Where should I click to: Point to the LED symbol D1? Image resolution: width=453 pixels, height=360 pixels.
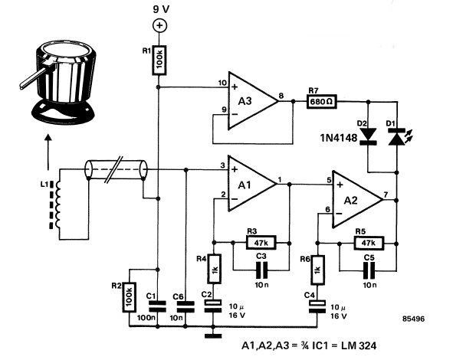point(396,137)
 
